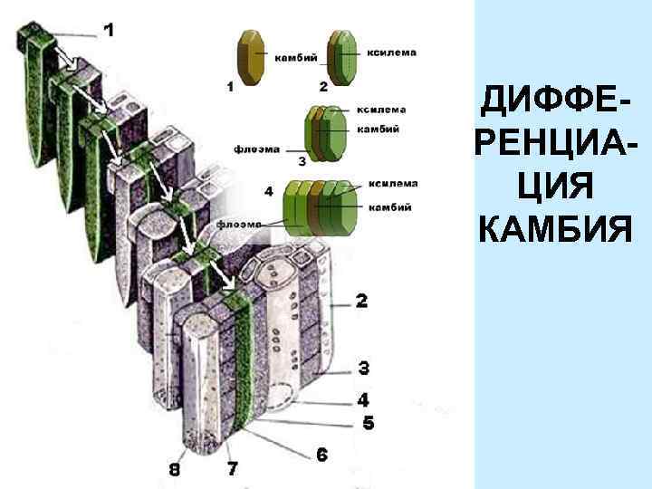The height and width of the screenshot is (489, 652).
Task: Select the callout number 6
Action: (x=321, y=455)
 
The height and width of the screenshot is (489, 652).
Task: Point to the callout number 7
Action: (x=232, y=469)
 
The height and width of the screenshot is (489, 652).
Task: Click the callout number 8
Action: (x=174, y=469)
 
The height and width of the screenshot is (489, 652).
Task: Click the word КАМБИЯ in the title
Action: (x=554, y=231)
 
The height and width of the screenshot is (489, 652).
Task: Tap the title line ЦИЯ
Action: (x=554, y=187)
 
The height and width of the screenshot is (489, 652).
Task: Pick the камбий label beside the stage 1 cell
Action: (x=295, y=59)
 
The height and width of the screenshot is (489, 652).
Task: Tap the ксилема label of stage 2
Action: (x=391, y=53)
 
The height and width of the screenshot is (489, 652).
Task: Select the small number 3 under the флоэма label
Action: (x=302, y=161)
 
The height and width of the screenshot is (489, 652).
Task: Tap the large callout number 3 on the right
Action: (x=363, y=368)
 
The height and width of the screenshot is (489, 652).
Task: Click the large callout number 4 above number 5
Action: (x=363, y=398)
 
